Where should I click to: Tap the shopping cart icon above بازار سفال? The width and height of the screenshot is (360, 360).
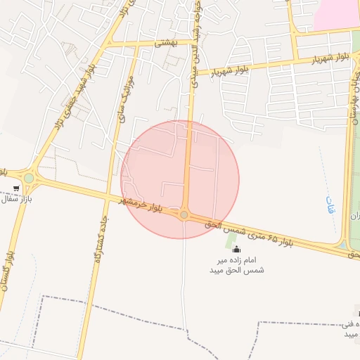(16, 188)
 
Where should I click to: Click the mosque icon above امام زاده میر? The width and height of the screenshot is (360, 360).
(236, 248)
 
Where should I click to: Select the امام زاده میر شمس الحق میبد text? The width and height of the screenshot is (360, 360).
(236, 264)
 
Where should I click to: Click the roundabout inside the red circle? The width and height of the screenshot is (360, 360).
(184, 215)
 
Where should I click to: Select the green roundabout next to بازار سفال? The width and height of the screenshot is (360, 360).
(29, 179)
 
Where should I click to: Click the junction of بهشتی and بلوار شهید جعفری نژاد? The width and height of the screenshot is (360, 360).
(105, 45)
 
